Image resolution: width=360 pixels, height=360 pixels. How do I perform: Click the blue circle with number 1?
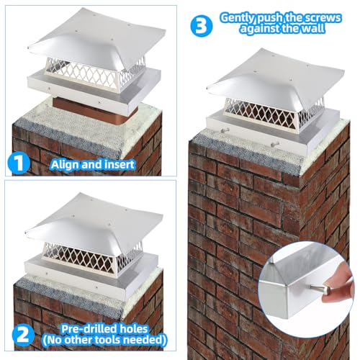[19, 163]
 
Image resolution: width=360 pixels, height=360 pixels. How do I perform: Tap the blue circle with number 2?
[23, 335]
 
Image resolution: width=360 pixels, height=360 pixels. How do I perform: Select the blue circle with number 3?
[202, 26]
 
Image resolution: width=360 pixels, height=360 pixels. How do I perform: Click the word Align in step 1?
[65, 165]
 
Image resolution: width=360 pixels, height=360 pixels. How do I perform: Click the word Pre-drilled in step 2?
[86, 329]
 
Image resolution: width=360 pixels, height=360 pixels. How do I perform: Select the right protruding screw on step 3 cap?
[275, 145]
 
